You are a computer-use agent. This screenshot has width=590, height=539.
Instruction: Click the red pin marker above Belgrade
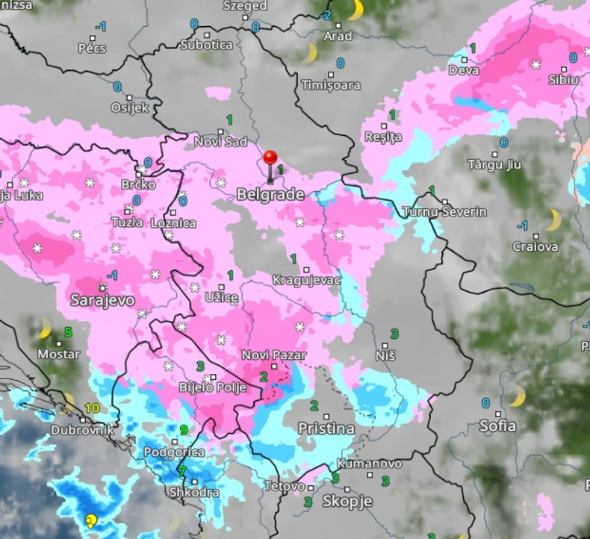[x=270, y=159]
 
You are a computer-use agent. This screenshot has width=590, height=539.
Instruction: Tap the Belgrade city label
[x=270, y=195]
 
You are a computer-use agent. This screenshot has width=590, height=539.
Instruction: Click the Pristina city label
[x=326, y=429]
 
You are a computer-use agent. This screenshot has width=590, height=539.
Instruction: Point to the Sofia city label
[x=497, y=426]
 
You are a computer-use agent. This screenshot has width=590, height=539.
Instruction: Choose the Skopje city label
[x=347, y=501]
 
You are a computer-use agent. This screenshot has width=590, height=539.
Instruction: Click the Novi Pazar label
[x=270, y=355]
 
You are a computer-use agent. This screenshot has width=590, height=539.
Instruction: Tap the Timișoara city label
[x=330, y=84]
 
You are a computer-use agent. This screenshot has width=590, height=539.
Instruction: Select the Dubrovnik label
[x=82, y=430]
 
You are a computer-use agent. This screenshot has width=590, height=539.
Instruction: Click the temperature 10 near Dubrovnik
[x=92, y=408]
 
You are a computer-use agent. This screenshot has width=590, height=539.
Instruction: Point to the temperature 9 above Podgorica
[x=184, y=429]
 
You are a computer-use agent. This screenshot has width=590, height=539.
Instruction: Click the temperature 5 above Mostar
[x=68, y=331]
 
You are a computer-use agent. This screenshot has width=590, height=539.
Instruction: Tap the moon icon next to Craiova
[x=553, y=219]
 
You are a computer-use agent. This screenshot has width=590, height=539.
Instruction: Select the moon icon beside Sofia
[x=516, y=396]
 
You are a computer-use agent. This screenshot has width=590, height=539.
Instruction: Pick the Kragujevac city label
[x=307, y=280]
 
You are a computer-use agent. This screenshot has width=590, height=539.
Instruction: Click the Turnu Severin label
[x=444, y=212]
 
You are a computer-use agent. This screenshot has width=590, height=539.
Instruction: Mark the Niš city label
[x=385, y=357]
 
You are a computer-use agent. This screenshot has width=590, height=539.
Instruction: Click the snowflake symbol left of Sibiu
[x=535, y=65]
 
